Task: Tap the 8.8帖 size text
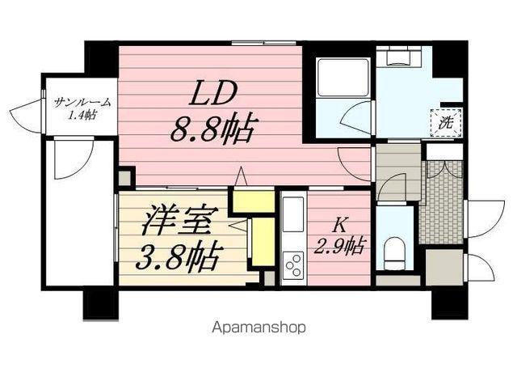[212, 127]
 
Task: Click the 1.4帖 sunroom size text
[81, 116]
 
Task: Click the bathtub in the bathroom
[340, 78]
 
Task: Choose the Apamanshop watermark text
[258, 328]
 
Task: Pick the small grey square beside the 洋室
[125, 177]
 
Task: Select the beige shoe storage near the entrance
[444, 267]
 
